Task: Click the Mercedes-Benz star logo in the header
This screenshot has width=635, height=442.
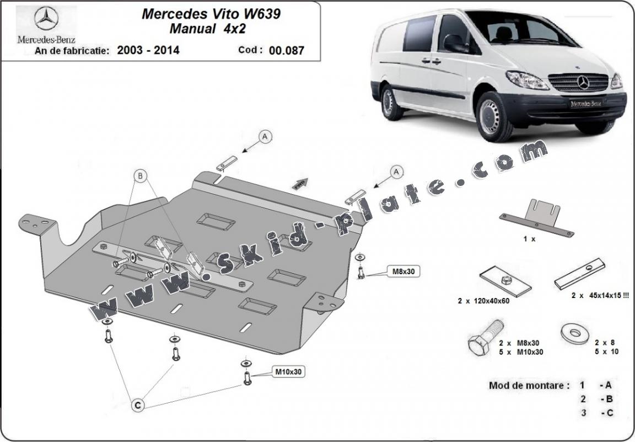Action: click(46, 20)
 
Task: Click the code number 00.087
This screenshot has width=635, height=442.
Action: click(287, 51)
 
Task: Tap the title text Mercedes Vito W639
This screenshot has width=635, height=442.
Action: click(211, 14)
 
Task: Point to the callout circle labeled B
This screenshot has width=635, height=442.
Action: click(141, 177)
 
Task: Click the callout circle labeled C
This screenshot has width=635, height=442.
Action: click(138, 406)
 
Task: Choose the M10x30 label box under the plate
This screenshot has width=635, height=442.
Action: click(288, 372)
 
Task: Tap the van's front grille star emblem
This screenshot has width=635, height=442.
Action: click(583, 83)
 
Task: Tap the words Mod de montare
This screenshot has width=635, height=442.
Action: click(529, 385)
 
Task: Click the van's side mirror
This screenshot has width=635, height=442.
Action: click(453, 43)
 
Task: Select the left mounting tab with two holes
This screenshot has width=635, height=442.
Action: click(37, 225)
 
